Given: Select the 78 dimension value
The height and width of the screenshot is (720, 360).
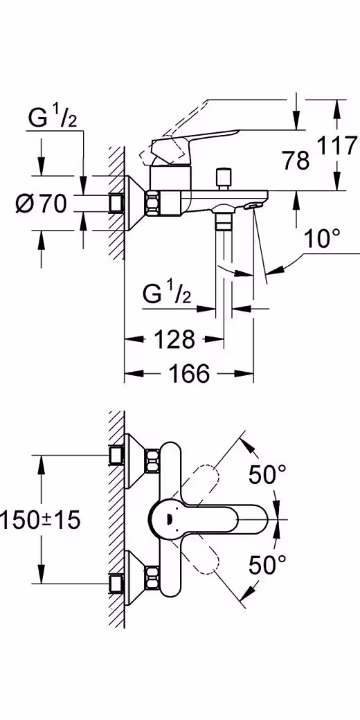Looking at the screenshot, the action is click(295, 161).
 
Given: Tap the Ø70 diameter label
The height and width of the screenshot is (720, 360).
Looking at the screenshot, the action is click(42, 204).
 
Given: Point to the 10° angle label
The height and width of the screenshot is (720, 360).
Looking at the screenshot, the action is click(323, 239).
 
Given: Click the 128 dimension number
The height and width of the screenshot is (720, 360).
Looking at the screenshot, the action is click(174, 340).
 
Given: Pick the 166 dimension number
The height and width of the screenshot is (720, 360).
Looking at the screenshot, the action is click(189, 374).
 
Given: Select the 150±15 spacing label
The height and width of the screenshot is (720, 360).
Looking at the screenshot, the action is click(40, 520).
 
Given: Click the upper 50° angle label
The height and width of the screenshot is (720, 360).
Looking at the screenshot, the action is click(268, 474).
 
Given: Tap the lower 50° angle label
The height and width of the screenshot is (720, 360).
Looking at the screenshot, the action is click(268, 565).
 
